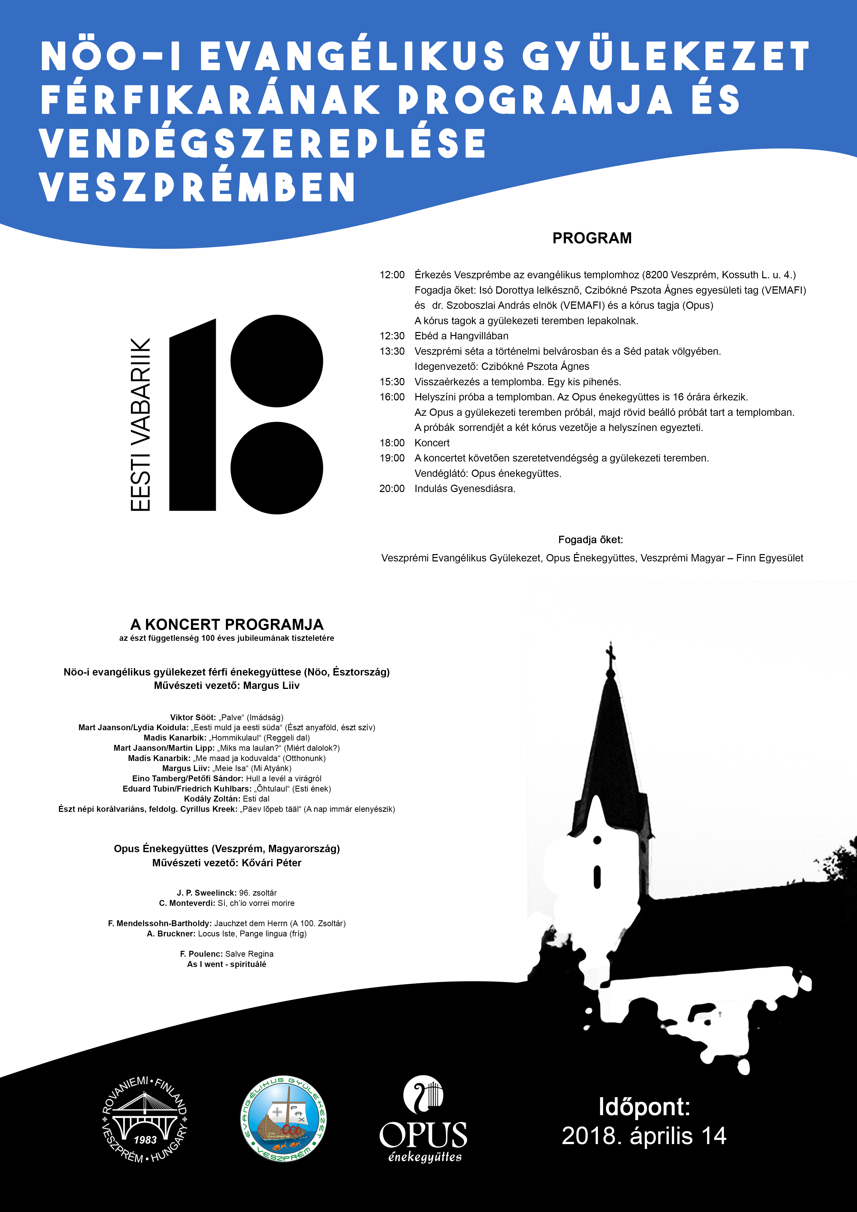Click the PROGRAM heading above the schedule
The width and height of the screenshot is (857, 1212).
pyautogui.click(x=591, y=238)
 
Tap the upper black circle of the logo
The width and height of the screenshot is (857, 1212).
pyautogui.click(x=277, y=361)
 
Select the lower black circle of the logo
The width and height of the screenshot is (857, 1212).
pyautogui.click(x=277, y=468)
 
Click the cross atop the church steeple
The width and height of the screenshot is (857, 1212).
pyautogui.click(x=611, y=656)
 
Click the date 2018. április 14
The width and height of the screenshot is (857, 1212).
pyautogui.click(x=644, y=1136)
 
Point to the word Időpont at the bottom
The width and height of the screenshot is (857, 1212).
pyautogui.click(x=644, y=1106)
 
